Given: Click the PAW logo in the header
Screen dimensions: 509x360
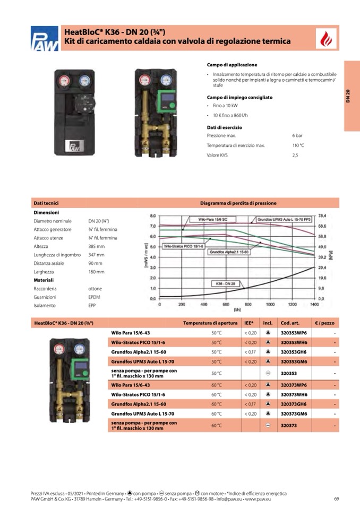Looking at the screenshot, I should coord(44,39).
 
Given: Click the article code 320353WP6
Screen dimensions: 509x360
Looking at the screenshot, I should coord(294,333).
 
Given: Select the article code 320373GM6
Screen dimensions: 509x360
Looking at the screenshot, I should coord(294,413).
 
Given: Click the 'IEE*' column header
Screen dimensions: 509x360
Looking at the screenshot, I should coord(249,323).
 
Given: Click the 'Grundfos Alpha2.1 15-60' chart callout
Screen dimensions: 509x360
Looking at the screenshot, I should coord(229,252).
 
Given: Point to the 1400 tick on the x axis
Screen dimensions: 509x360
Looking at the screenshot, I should coord(314,305).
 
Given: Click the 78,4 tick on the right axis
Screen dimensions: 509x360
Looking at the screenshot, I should coord(322,216).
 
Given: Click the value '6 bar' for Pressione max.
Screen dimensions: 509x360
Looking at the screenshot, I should coord(297,136).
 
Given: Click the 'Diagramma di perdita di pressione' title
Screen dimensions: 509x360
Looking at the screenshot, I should coord(238,203).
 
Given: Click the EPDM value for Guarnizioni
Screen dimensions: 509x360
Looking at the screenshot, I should coord(94,297).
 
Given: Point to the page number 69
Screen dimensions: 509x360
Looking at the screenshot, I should coord(336,498).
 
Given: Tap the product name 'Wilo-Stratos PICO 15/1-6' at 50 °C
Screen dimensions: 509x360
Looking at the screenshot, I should coord(138,342).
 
